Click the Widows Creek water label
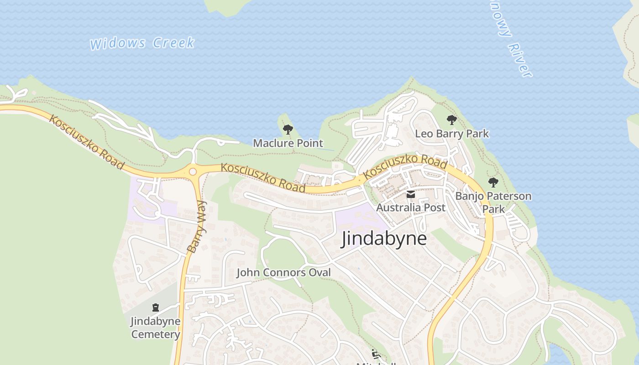click(142, 43)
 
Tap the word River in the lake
click(519, 60)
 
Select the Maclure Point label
click(288, 143)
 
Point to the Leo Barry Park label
click(451, 134)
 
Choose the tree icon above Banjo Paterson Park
click(493, 182)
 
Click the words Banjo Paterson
click(493, 196)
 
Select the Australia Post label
click(410, 208)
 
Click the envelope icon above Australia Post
click(411, 195)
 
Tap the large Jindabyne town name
click(384, 239)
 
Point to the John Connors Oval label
click(283, 273)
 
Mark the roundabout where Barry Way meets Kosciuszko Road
click(193, 172)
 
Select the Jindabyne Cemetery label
click(156, 328)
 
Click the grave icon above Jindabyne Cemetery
click(156, 308)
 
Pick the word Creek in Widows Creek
click(173, 43)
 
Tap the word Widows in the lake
click(118, 44)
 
